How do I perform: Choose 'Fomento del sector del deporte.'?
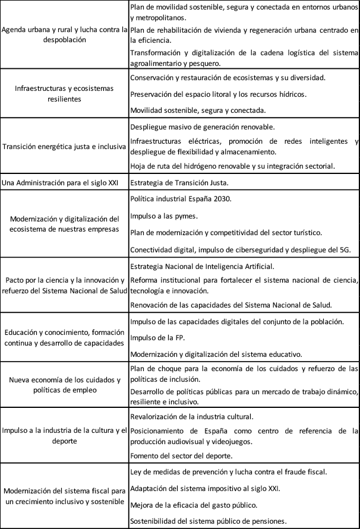tap(181, 455)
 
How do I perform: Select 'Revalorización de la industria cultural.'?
tap(191, 416)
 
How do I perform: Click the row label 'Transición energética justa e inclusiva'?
tap(64, 147)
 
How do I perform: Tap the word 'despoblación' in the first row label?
tap(64, 40)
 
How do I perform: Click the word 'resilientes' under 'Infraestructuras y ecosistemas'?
tap(64, 99)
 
